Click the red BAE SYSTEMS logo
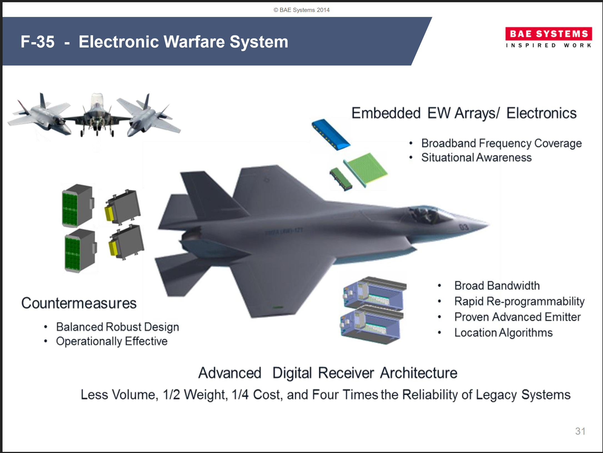coord(549,34)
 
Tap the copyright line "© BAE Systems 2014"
coord(301,10)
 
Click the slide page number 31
coord(580,431)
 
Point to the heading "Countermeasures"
coord(79,303)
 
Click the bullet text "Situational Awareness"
coord(476,157)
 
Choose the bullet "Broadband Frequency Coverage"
coord(501,143)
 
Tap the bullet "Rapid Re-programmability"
coord(519,301)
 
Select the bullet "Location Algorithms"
coord(503,333)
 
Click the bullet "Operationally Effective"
coord(112,341)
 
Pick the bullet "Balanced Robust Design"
coord(117,327)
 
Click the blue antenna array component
coord(331,135)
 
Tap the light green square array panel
coord(366,169)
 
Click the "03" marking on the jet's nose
coord(464,227)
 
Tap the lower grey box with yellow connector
coord(126,242)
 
